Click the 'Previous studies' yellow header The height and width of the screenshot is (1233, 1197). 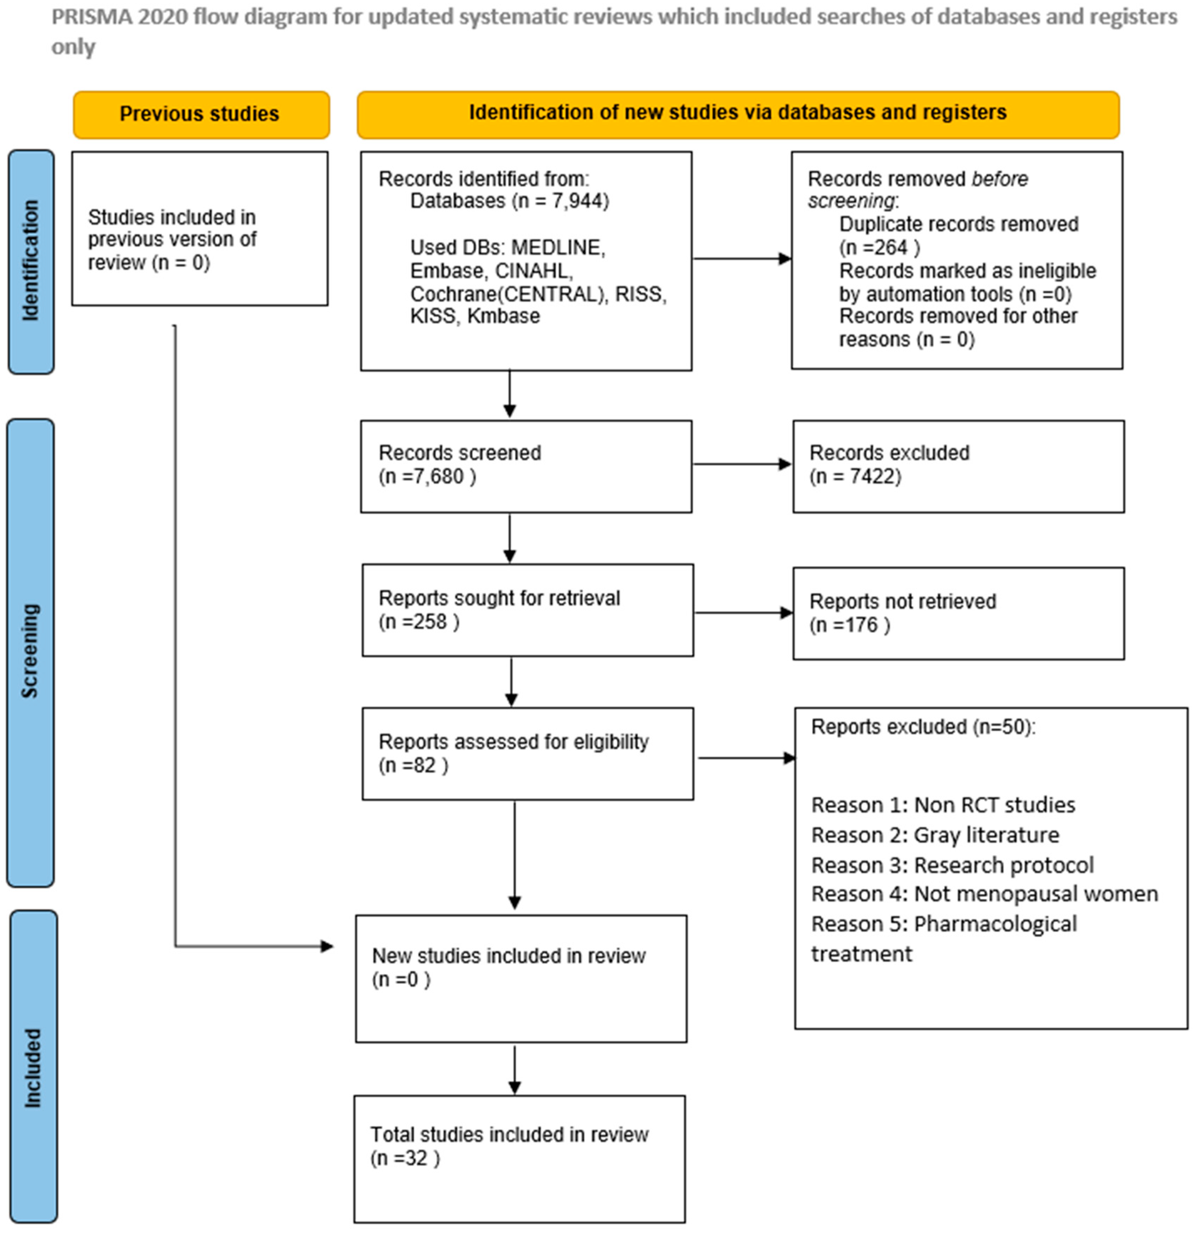(x=200, y=114)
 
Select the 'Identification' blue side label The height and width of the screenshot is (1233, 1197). (x=30, y=261)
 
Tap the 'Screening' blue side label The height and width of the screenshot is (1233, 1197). (x=30, y=652)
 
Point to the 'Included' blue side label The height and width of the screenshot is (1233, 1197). (x=33, y=1068)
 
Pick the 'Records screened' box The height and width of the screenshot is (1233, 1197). (x=526, y=466)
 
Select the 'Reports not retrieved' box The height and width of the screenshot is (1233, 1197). (x=958, y=613)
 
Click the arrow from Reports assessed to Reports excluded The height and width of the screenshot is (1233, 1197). (x=745, y=758)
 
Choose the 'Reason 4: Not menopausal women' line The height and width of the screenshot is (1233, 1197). (x=984, y=894)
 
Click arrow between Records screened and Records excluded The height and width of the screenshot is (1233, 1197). (x=742, y=464)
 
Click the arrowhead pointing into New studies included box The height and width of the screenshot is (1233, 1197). (x=326, y=946)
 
